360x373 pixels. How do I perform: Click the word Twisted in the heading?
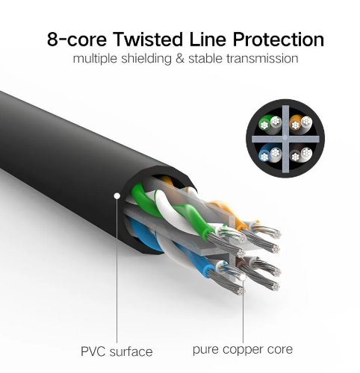click(x=148, y=40)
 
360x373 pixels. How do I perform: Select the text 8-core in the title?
click(x=77, y=40)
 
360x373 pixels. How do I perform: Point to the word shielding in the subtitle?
click(x=146, y=59)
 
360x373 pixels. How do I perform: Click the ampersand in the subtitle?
click(x=180, y=59)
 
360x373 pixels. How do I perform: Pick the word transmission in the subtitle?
click(x=262, y=59)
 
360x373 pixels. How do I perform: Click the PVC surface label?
click(x=117, y=351)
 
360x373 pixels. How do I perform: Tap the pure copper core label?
click(x=243, y=350)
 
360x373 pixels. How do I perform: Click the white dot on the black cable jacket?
click(x=117, y=196)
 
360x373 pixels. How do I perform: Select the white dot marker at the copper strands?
click(x=243, y=278)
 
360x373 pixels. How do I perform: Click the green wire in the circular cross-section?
click(x=265, y=124)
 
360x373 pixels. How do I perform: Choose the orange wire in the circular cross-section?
click(x=296, y=124)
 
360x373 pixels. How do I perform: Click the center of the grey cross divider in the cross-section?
click(x=285, y=139)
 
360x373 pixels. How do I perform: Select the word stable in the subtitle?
click(x=205, y=59)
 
